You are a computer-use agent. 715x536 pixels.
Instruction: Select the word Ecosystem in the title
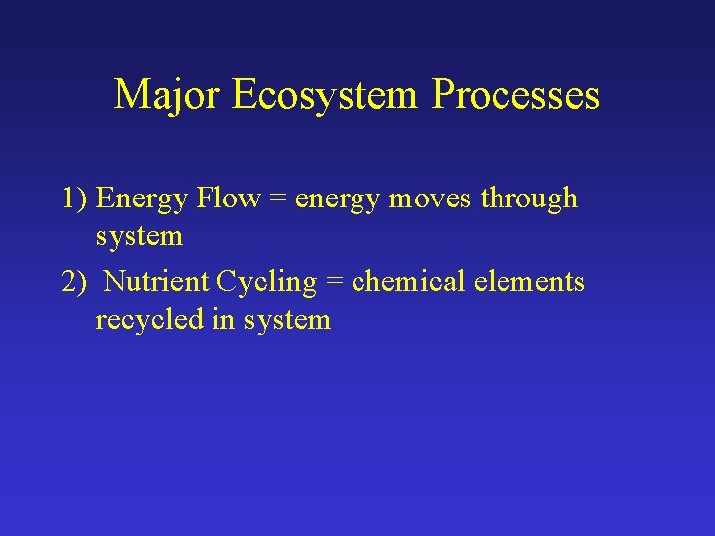click(x=327, y=96)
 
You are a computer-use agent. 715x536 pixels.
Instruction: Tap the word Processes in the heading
click(x=516, y=96)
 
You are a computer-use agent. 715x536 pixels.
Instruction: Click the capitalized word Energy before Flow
click(x=143, y=200)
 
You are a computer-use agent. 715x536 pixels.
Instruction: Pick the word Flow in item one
click(x=227, y=199)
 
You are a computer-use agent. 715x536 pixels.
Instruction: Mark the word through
click(x=528, y=200)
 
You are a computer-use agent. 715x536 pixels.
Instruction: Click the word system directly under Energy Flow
click(x=139, y=238)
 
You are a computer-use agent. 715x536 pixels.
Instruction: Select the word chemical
click(x=406, y=282)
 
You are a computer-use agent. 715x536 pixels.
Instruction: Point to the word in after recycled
click(x=219, y=320)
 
